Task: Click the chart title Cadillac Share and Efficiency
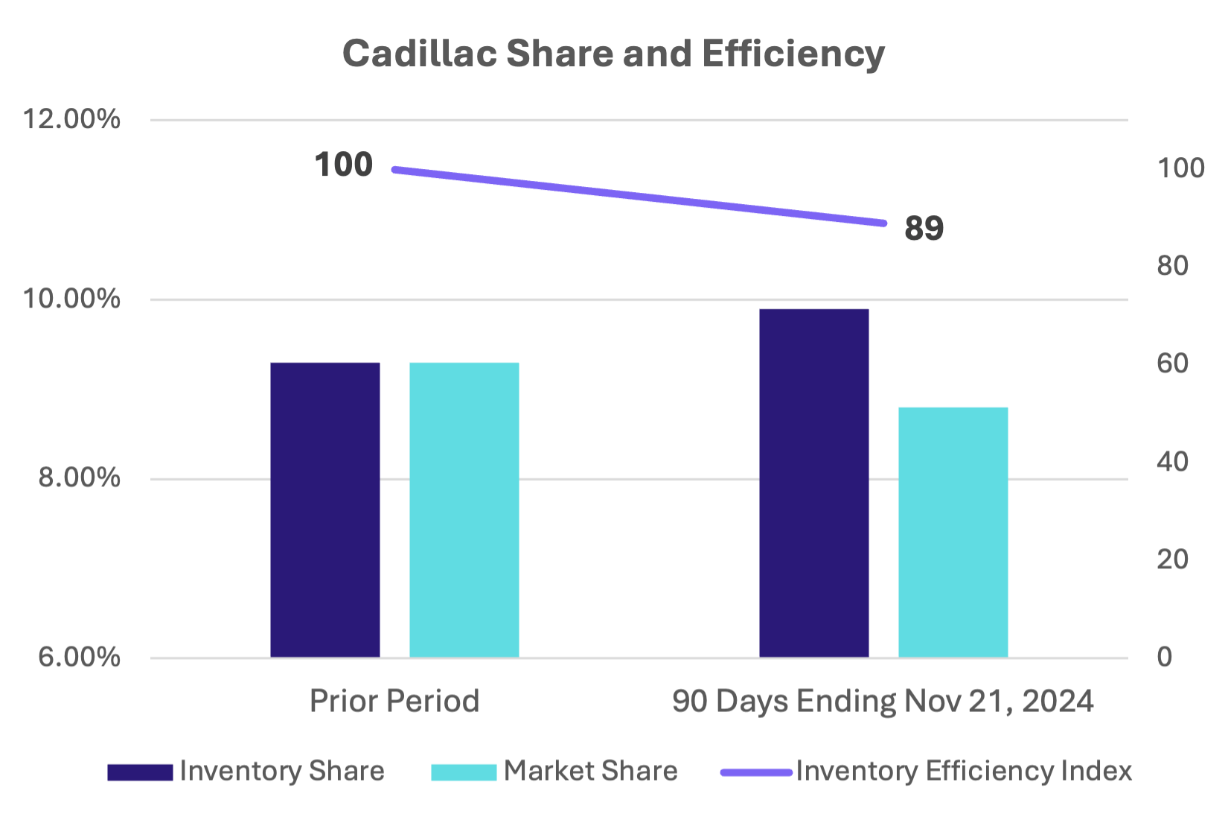tap(613, 54)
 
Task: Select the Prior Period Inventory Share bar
tap(325, 509)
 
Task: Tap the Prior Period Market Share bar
tap(464, 509)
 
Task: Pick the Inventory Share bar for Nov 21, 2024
tap(814, 483)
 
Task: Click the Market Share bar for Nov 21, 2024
tap(953, 531)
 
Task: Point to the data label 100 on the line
tap(343, 165)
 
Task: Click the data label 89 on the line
tap(924, 228)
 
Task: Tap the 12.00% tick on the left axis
tap(71, 119)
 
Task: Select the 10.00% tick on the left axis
tap(71, 299)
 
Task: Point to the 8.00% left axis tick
tap(79, 477)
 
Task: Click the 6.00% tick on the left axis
tap(79, 656)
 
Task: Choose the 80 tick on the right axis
tap(1172, 266)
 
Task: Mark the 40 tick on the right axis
tap(1172, 462)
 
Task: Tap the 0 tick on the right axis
tap(1165, 656)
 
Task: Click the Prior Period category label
tap(394, 701)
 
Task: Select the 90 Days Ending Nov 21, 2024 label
tap(883, 701)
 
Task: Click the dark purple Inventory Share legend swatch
tap(140, 772)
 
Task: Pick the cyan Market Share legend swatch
tap(464, 772)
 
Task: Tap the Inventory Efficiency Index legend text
tap(964, 771)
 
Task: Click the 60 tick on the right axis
tap(1172, 363)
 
